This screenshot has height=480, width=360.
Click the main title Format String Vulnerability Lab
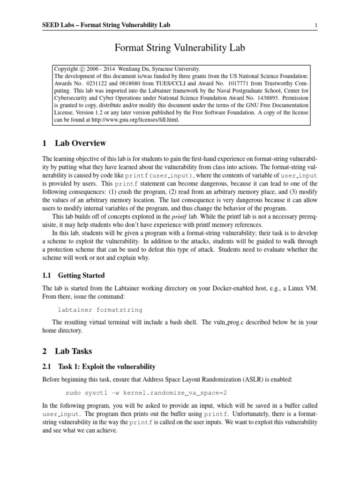coord(180,47)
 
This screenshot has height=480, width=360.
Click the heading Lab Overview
coord(81,143)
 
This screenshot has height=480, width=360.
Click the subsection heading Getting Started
coord(81,275)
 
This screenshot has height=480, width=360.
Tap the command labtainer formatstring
coord(99,310)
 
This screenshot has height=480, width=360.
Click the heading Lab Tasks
coord(74,351)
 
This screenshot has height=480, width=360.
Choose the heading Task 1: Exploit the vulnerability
coord(106,366)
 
